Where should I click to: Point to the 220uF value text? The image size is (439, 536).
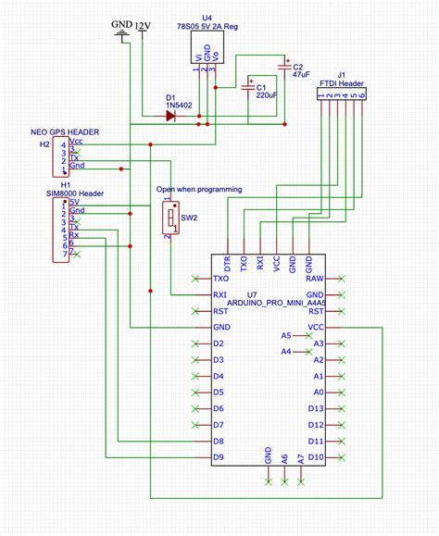[267, 94]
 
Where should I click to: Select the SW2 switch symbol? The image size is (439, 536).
[171, 218]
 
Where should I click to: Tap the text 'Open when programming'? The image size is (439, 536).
[199, 189]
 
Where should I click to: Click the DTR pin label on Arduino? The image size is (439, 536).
[228, 263]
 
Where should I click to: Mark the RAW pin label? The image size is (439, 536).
[316, 278]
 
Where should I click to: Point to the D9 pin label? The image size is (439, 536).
[219, 457]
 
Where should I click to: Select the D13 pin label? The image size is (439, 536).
[316, 408]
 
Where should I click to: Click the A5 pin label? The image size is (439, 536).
[286, 335]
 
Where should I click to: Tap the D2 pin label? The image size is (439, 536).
[219, 343]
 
